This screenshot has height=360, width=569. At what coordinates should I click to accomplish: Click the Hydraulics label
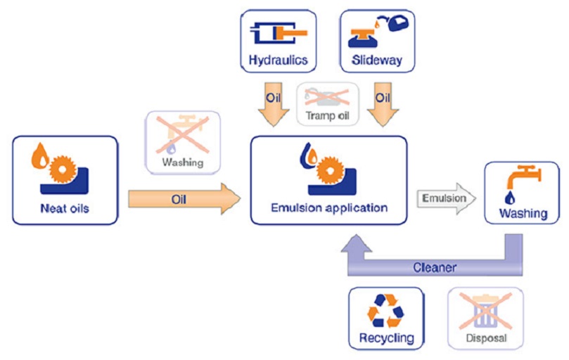(x=279, y=60)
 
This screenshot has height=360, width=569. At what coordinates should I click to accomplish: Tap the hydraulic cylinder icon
(x=279, y=32)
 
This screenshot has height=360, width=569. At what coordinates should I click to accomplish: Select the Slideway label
(x=377, y=60)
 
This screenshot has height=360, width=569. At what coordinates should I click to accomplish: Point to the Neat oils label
(x=65, y=208)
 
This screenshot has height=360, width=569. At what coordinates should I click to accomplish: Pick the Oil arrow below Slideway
(x=383, y=102)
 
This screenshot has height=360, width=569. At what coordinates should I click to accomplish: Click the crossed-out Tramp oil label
(x=328, y=115)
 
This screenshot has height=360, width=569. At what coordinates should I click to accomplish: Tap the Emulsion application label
(x=329, y=208)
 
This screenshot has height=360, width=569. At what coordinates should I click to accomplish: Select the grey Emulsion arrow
(x=445, y=199)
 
